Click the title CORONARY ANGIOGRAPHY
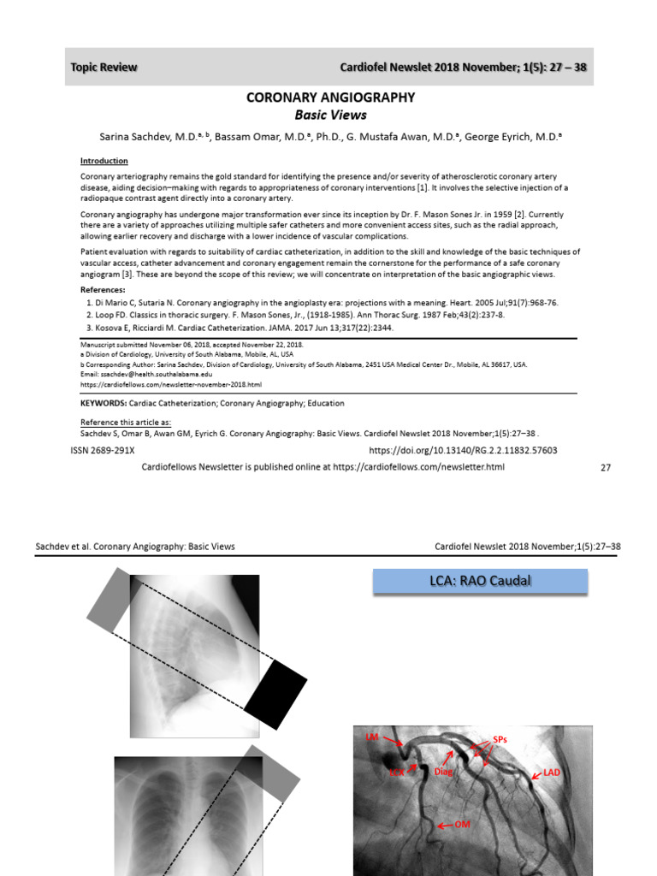click(x=330, y=98)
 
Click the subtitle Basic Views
click(x=330, y=115)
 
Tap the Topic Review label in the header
click(x=104, y=68)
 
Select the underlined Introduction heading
click(x=104, y=161)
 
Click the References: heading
click(x=103, y=290)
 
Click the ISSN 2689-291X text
click(x=109, y=450)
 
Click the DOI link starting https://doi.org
click(x=463, y=450)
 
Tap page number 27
click(x=607, y=467)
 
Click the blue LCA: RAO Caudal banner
click(x=481, y=582)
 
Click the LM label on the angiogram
click(x=371, y=737)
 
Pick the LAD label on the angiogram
click(x=552, y=772)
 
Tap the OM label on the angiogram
click(x=462, y=824)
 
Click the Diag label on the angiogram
click(x=442, y=772)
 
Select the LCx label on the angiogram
click(x=397, y=772)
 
